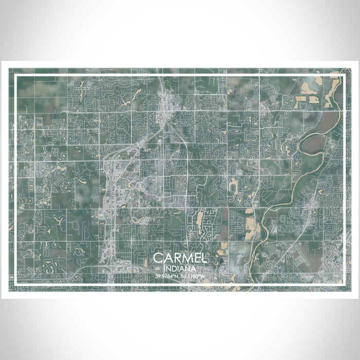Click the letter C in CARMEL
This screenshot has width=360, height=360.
pyautogui.click(x=158, y=258)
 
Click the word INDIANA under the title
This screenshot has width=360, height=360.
pyautogui.click(x=180, y=268)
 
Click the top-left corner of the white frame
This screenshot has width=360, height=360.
pyautogui.click(x=16, y=76)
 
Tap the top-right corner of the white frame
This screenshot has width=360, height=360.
pyautogui.click(x=344, y=76)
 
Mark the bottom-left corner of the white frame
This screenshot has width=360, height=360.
pyautogui.click(x=16, y=284)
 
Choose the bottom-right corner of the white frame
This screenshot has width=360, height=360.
pyautogui.click(x=344, y=284)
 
